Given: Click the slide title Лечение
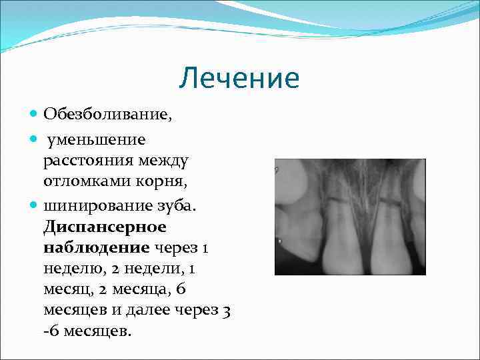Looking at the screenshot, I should pyautogui.click(x=239, y=79).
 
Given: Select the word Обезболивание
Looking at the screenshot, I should pyautogui.click(x=107, y=114).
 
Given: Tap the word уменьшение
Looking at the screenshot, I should pyautogui.click(x=95, y=139).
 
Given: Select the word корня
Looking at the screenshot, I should pyautogui.click(x=163, y=181).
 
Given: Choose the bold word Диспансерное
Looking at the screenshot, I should pyautogui.click(x=105, y=227).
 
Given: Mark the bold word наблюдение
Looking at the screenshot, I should pyautogui.click(x=96, y=248).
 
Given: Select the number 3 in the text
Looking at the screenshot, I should pyautogui.click(x=227, y=311).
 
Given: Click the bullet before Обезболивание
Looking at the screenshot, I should pyautogui.click(x=35, y=115).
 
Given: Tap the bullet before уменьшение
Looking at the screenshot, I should pyautogui.click(x=35, y=140).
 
